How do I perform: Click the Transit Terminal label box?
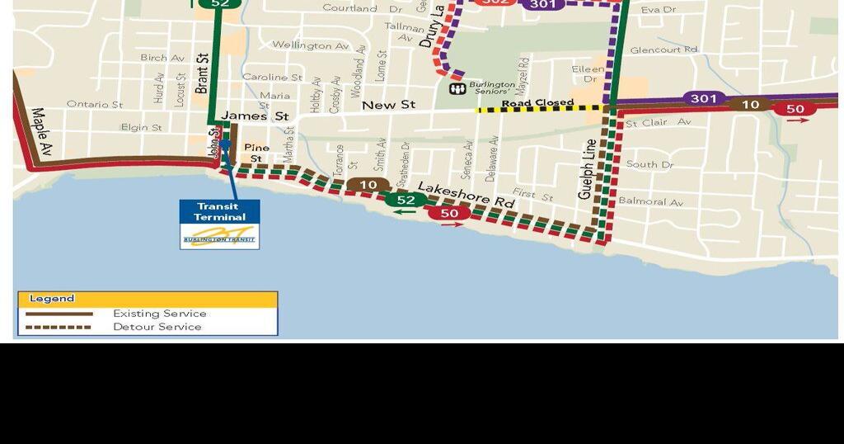(x=220, y=212)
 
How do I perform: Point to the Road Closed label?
(x=537, y=103)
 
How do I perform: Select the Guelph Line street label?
(x=587, y=169)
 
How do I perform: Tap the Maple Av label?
(x=41, y=132)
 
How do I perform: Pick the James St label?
(x=246, y=116)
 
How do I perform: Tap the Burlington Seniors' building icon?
(x=456, y=88)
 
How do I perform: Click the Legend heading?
(x=52, y=299)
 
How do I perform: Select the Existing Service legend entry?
(x=160, y=314)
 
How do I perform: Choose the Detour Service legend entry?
(x=157, y=327)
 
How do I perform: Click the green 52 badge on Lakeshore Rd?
(x=406, y=200)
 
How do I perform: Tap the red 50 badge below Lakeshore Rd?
(x=449, y=214)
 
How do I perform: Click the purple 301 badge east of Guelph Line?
(x=703, y=99)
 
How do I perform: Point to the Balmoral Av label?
(x=651, y=201)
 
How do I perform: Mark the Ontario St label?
(x=94, y=105)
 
